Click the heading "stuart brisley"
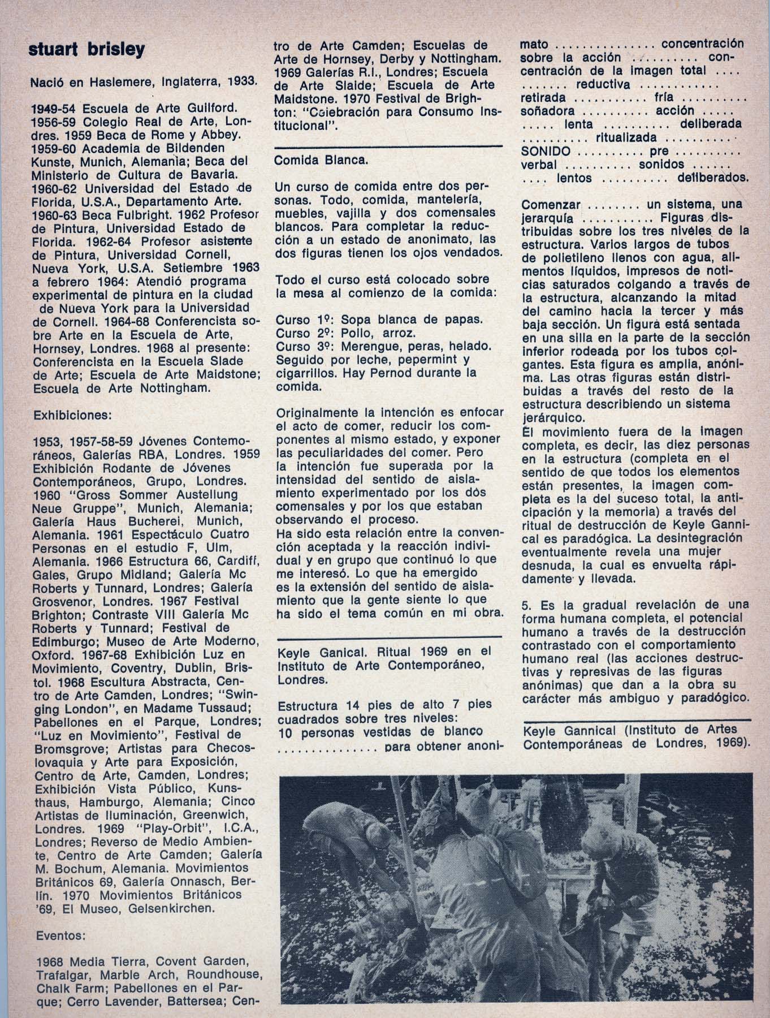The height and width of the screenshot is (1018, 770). [x=87, y=50]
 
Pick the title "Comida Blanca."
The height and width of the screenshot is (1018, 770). [x=321, y=160]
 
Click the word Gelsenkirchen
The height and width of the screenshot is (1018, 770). [x=167, y=908]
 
